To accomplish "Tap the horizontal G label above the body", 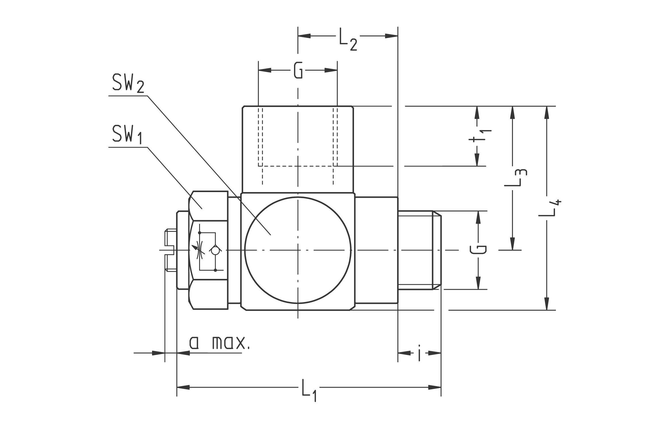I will point(298,71).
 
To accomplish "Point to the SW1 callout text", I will point(127,135).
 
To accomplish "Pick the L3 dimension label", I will point(515,178).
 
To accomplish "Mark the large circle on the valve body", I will point(298,250).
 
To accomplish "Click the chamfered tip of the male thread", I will point(437,250).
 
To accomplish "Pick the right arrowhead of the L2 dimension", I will point(391,36).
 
